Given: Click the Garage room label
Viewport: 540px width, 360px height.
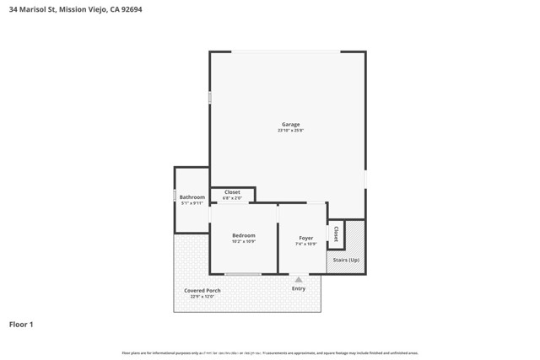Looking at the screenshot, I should tap(290, 125).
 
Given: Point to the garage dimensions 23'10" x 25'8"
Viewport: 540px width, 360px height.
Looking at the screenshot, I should tap(290, 131).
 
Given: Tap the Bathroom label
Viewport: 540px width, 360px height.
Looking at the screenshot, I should tap(192, 197).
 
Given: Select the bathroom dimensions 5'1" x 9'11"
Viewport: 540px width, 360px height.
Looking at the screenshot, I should tap(192, 203).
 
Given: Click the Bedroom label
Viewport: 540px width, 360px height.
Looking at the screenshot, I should tap(243, 235).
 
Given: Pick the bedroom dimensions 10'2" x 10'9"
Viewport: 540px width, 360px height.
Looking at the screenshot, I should tap(243, 241).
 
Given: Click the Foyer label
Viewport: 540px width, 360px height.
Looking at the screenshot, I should tap(305, 238).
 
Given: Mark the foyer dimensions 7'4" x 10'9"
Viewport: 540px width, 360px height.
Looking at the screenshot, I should tap(305, 244).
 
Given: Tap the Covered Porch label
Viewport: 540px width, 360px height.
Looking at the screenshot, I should tap(202, 291).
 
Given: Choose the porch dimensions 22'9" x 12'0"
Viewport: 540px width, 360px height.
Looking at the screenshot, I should tap(202, 297).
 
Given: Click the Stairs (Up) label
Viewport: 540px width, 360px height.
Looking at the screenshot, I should tap(346, 260).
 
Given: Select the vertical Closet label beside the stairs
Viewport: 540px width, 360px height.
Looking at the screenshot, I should tap(336, 234).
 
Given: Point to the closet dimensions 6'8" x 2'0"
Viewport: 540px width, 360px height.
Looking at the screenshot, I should tap(232, 198).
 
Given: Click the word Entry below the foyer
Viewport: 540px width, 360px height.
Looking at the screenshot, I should tap(299, 288).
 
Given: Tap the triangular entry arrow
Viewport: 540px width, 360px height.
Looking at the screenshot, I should tap(299, 279).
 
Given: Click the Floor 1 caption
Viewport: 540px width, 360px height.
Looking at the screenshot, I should tap(21, 324).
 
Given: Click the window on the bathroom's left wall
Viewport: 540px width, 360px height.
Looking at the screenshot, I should tap(175, 196).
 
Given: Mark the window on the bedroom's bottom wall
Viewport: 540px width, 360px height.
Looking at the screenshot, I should tap(243, 274).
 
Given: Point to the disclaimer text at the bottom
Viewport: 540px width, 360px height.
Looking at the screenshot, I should tap(270, 352).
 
